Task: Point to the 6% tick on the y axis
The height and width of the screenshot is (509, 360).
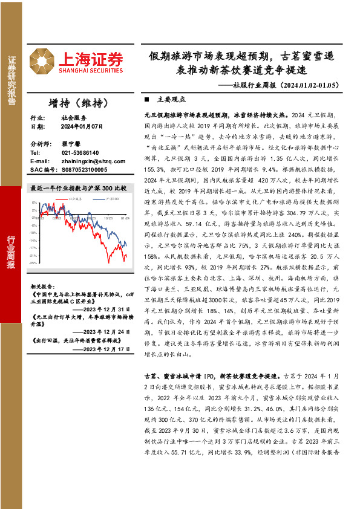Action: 36,201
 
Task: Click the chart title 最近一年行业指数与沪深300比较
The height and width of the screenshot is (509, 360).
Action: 79,188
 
